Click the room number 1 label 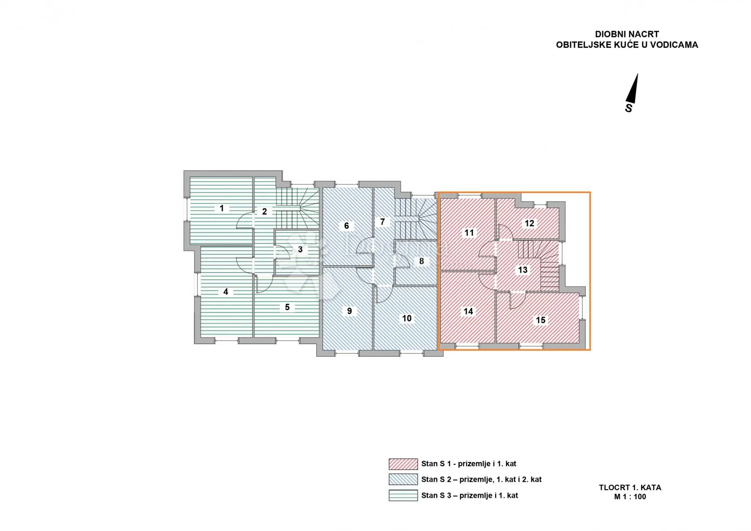pos(222,208)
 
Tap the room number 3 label pos(300,249)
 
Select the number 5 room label pos(287,307)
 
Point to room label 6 pos(347,226)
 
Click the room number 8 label pos(421,261)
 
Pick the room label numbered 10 pos(406,318)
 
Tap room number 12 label pos(529,223)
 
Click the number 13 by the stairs pos(523,269)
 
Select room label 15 pos(540,320)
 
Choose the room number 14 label pos(468,311)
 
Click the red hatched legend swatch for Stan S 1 pos(403,464)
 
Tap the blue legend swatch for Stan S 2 pos(403,479)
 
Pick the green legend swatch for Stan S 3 pos(403,495)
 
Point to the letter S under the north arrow pos(628,108)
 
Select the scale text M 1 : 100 pos(630,497)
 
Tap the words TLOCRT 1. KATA pos(630,488)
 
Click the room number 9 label pos(349,311)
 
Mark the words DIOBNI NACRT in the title pos(627,34)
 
